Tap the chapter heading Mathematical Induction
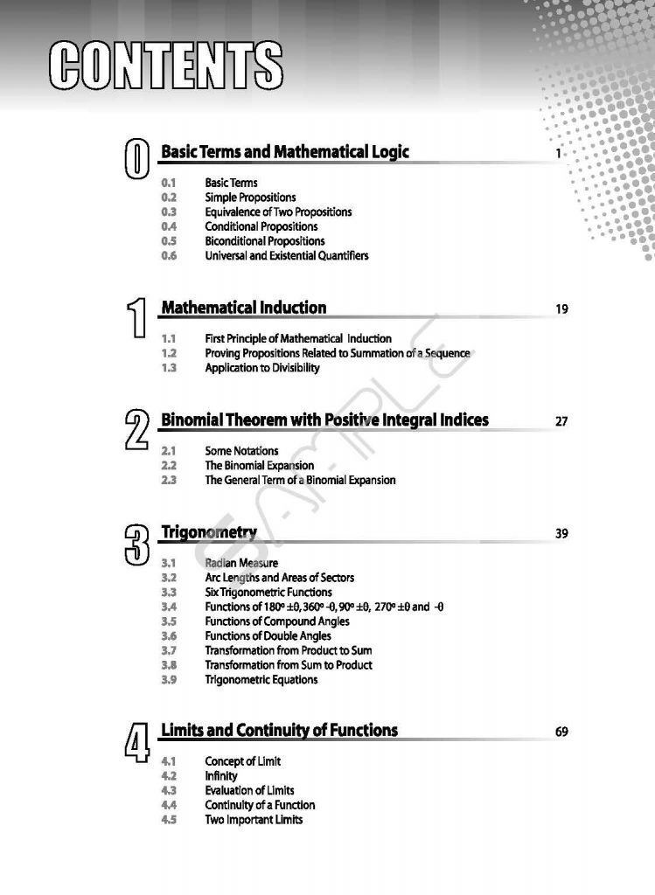coord(244,308)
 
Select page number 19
coord(561,309)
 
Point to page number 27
coord(561,421)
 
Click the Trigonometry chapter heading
coord(209,532)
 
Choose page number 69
coord(561,732)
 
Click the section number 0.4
coord(170,226)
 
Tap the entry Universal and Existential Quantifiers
coord(287,255)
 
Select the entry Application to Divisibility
coord(262,368)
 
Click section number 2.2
coord(170,466)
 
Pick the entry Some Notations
coord(242,451)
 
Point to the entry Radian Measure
coord(241,563)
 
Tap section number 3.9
coord(170,680)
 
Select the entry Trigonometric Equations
coord(261,680)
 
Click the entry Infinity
coord(221,776)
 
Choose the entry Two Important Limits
coord(254,820)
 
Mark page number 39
coord(561,533)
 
